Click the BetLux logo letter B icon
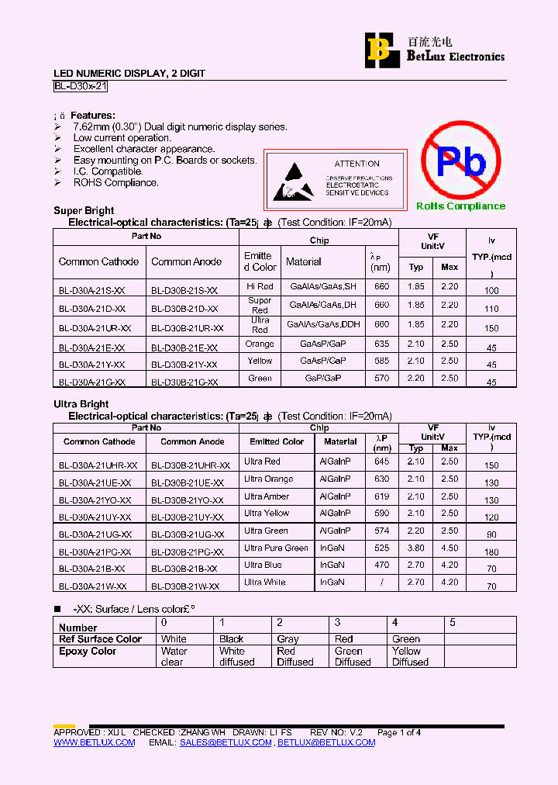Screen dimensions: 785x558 (x=379, y=50)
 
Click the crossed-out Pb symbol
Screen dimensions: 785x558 (x=461, y=161)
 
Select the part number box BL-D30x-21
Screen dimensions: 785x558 (x=81, y=88)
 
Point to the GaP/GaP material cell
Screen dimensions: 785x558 (x=322, y=379)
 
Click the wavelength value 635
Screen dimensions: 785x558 (x=381, y=343)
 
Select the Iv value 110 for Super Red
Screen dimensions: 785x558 (x=491, y=309)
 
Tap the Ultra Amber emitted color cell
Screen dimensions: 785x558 (x=267, y=496)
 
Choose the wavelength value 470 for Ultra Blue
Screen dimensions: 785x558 (x=382, y=565)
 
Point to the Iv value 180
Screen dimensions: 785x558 (x=491, y=552)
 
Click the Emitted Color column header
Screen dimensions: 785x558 (x=277, y=441)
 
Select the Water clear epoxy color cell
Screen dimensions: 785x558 (x=174, y=657)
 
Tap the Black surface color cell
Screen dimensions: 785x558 (x=232, y=639)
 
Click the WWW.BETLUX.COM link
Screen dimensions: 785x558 (x=95, y=742)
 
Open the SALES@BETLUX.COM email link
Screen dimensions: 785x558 (x=226, y=742)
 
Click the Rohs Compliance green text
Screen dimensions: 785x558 (x=460, y=206)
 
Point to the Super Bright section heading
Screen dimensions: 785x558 (x=84, y=210)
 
